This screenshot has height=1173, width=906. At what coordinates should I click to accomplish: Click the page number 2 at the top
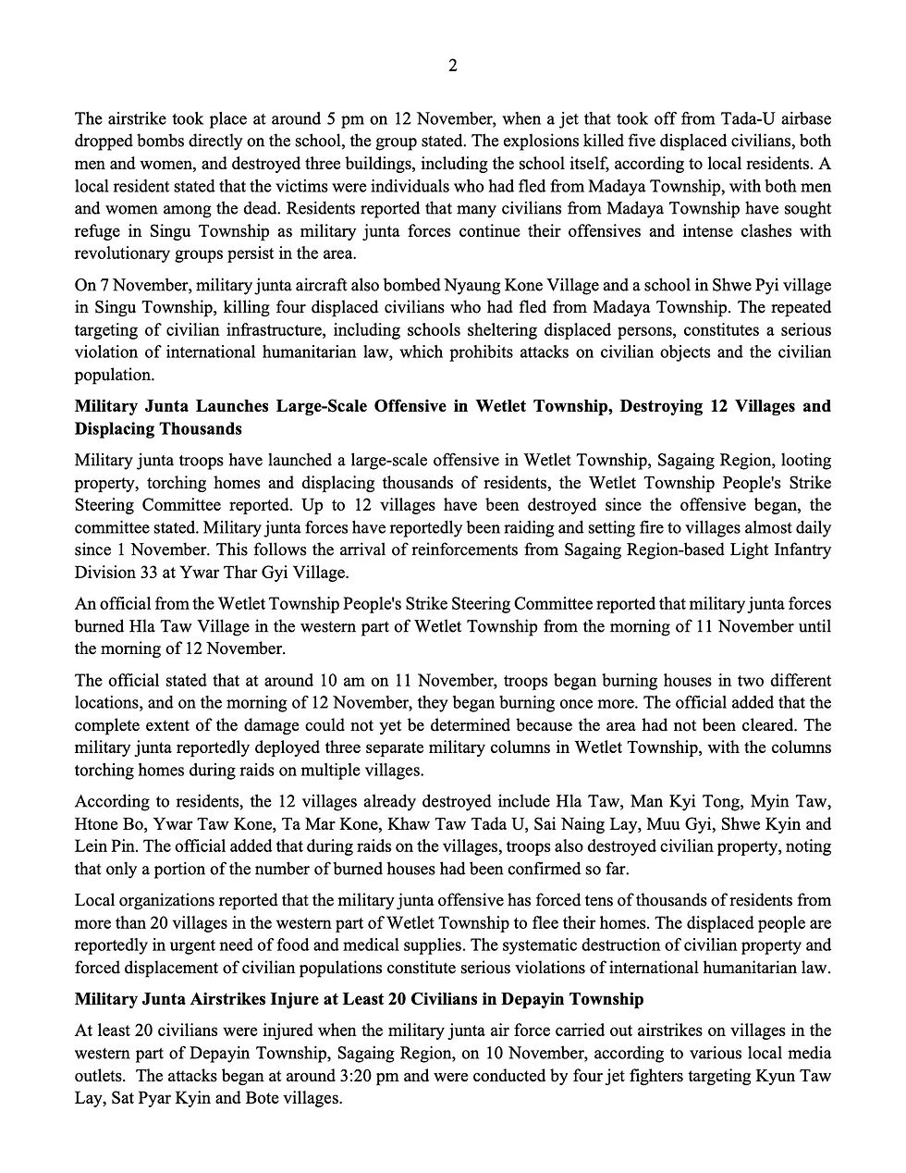click(453, 65)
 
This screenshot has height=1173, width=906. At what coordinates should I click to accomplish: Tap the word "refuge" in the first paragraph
click(97, 231)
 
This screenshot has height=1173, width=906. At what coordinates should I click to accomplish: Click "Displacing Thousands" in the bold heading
click(158, 429)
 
